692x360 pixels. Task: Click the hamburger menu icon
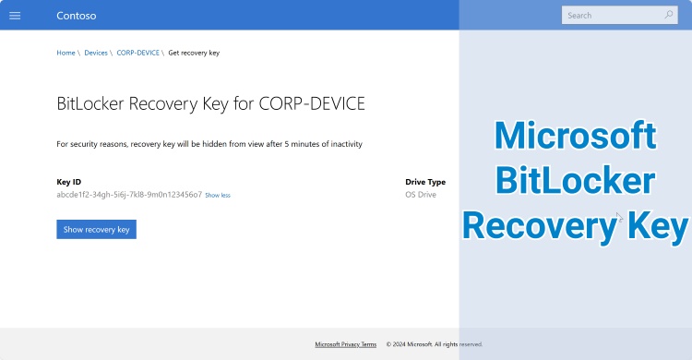click(15, 16)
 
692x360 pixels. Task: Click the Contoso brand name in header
click(76, 16)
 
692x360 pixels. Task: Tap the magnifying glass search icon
click(669, 15)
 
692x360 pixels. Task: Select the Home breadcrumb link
click(66, 53)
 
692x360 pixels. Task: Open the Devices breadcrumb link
click(96, 53)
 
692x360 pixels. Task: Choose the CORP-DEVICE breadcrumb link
click(138, 53)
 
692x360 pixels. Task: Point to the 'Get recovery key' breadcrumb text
click(194, 53)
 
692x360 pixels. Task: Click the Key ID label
click(69, 182)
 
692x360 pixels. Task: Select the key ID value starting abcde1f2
click(129, 195)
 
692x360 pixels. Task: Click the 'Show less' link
click(218, 196)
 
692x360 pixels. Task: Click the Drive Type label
click(425, 182)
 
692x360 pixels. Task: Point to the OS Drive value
click(421, 195)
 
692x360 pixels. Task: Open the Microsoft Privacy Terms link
click(345, 344)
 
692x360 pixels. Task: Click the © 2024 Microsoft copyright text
click(434, 344)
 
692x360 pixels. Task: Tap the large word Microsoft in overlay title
click(575, 137)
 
